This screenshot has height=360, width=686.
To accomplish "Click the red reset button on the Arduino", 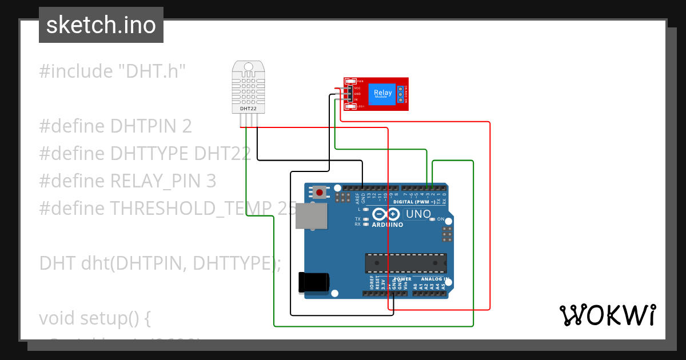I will click(319, 193).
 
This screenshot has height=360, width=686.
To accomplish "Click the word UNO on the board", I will click(418, 214).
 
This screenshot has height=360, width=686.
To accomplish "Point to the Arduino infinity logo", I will click(388, 215).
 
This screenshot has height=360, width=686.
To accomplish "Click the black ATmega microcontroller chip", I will click(406, 262).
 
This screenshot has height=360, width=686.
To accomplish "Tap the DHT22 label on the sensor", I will click(248, 108).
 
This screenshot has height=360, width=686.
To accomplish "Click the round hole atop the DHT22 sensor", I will click(248, 67).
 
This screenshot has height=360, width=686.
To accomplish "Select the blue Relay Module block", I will click(382, 94).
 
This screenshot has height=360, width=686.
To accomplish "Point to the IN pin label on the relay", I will click(356, 99).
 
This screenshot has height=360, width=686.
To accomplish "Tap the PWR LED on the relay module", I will click(350, 82).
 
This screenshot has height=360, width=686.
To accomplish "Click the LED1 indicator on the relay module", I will click(350, 106).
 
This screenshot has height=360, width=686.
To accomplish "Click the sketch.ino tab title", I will click(101, 25).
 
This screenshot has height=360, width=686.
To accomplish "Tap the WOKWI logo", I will click(607, 315).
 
